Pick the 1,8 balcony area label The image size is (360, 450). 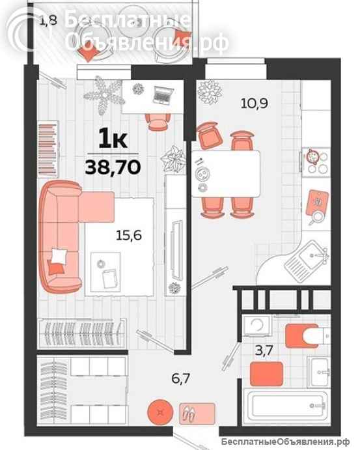48,20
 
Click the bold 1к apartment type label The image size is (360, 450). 113,138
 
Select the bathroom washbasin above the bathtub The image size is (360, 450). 323,371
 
